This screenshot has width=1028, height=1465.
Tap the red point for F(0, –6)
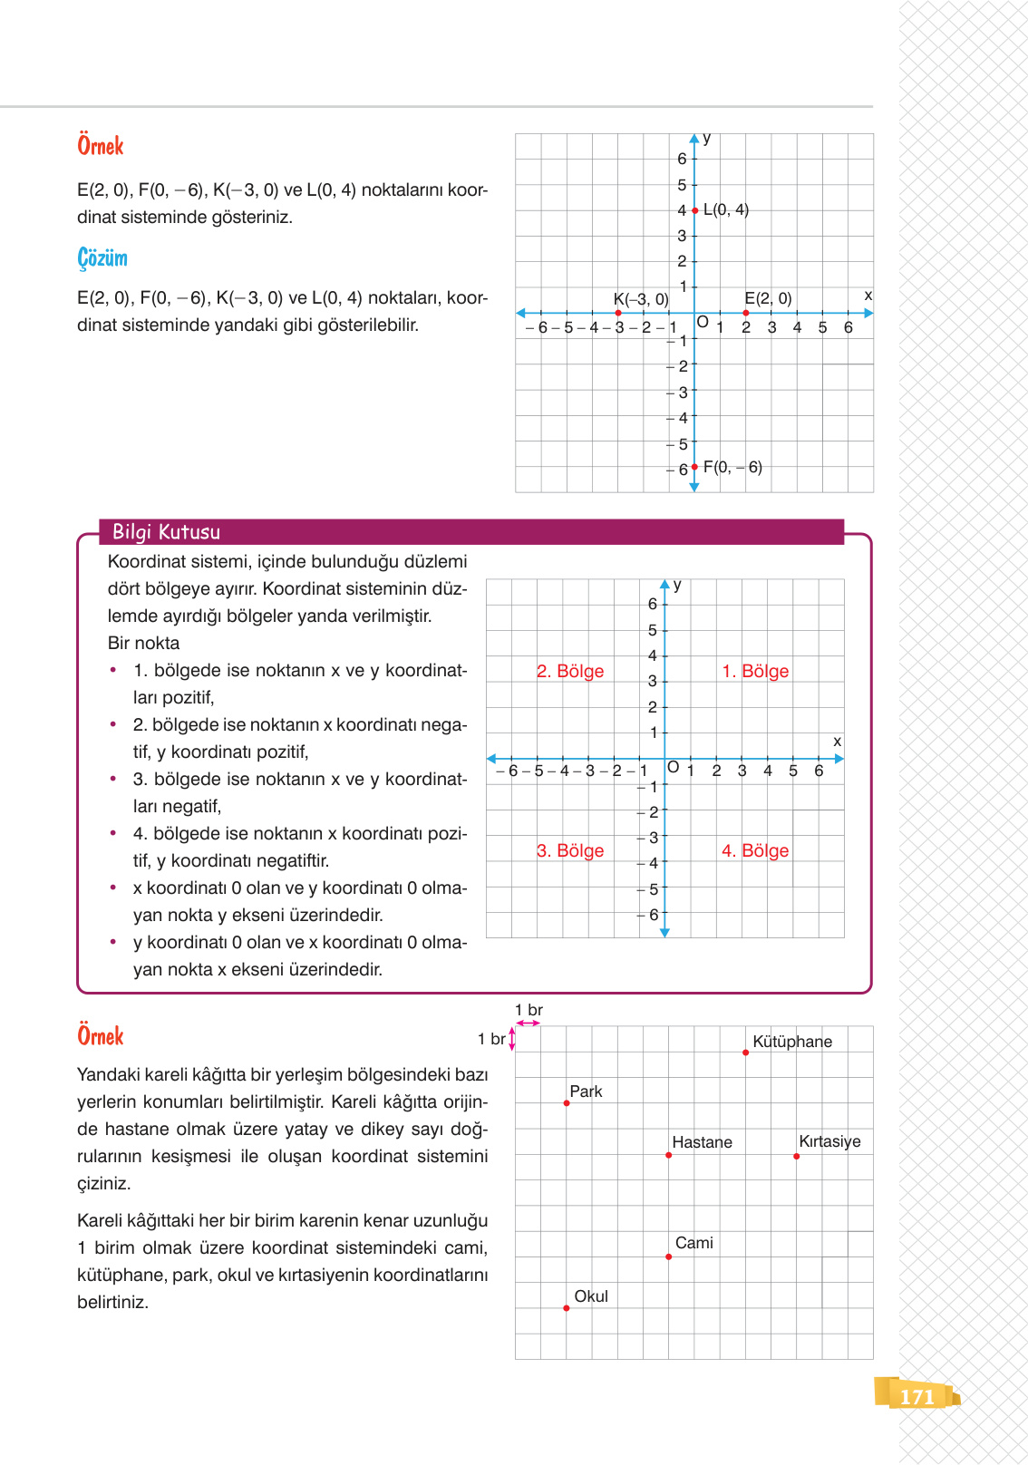(694, 467)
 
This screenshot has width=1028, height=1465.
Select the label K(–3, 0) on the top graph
(640, 299)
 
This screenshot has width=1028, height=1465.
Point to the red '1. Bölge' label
(755, 671)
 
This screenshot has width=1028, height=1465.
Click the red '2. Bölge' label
(570, 671)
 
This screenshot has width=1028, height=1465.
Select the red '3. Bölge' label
(570, 850)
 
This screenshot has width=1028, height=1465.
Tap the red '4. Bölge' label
(755, 850)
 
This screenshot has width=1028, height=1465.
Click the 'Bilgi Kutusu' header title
(166, 532)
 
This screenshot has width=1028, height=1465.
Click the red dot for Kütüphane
(745, 1053)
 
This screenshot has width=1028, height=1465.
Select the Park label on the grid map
(586, 1091)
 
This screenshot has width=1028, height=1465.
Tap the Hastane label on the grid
(702, 1142)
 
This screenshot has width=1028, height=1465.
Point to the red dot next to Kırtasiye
(796, 1156)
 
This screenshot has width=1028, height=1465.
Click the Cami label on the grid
(693, 1243)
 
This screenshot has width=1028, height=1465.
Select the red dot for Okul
(567, 1308)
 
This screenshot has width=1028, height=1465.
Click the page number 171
(916, 1397)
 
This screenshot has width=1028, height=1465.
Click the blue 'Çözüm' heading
(102, 258)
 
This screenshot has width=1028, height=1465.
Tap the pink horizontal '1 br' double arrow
(528, 1024)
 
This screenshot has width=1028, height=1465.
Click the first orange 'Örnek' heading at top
(100, 146)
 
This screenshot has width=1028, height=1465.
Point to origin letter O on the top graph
(703, 322)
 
